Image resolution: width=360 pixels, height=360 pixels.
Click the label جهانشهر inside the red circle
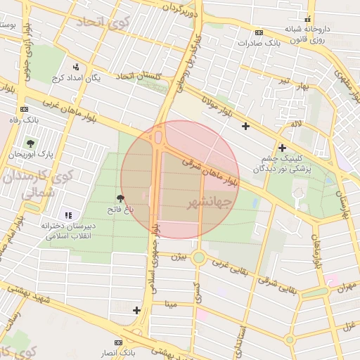[210, 202]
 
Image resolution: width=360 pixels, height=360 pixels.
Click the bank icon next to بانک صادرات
[259, 32]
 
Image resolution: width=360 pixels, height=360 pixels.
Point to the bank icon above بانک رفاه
[26, 109]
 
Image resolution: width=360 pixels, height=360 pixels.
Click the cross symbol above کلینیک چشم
[282, 148]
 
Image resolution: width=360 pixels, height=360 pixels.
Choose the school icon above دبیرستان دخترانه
[67, 215]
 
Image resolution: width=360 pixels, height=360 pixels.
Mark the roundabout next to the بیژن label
[199, 258]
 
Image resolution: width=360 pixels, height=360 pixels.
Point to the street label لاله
[296, 124]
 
